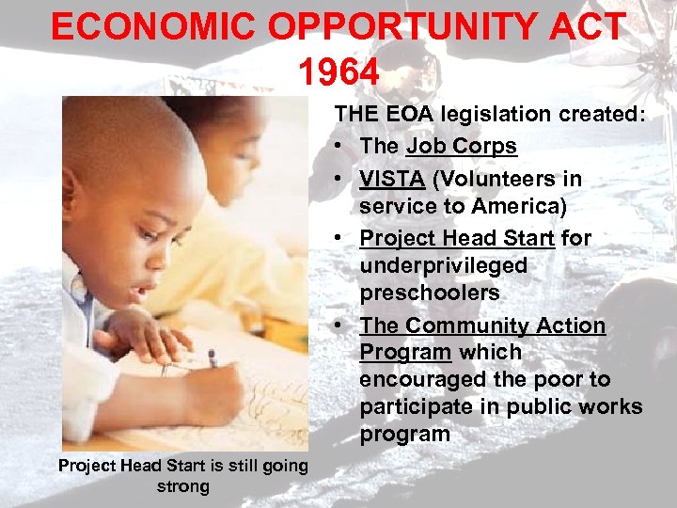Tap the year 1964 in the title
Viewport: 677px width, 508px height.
(338, 71)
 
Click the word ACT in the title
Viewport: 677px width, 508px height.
(587, 26)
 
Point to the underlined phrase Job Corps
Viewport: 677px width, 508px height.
(461, 146)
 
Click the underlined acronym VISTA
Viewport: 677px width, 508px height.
(391, 179)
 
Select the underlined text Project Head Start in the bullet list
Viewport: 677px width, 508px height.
(457, 238)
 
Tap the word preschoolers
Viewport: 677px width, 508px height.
(429, 293)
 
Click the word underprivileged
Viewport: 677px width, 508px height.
(443, 265)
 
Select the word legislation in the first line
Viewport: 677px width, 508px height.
(473, 115)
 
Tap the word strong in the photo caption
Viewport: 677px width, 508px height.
(183, 486)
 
